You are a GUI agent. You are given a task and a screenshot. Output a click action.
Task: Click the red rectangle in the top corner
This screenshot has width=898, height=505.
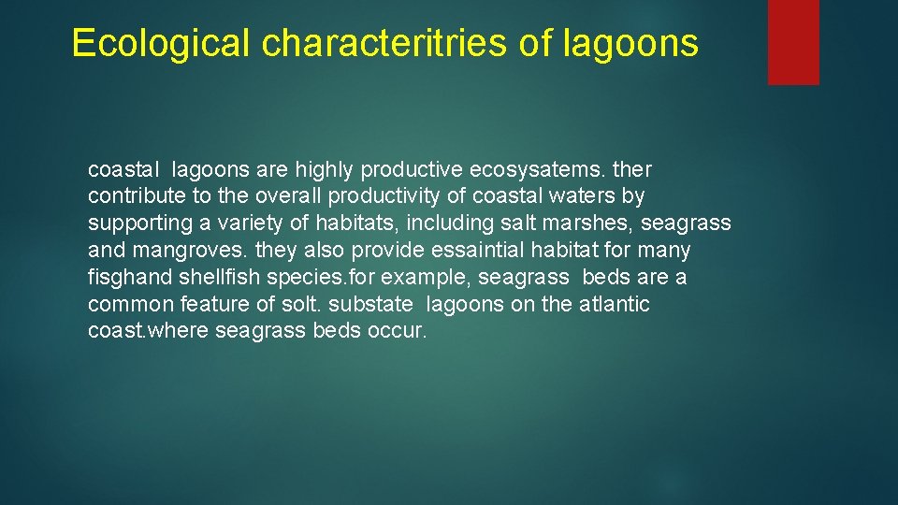[x=793, y=42]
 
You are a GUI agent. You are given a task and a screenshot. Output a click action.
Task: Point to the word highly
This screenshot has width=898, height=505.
[x=325, y=170]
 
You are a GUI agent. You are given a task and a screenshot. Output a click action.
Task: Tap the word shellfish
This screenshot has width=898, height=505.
[x=227, y=278]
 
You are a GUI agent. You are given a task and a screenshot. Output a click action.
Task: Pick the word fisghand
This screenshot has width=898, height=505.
[x=126, y=278]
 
